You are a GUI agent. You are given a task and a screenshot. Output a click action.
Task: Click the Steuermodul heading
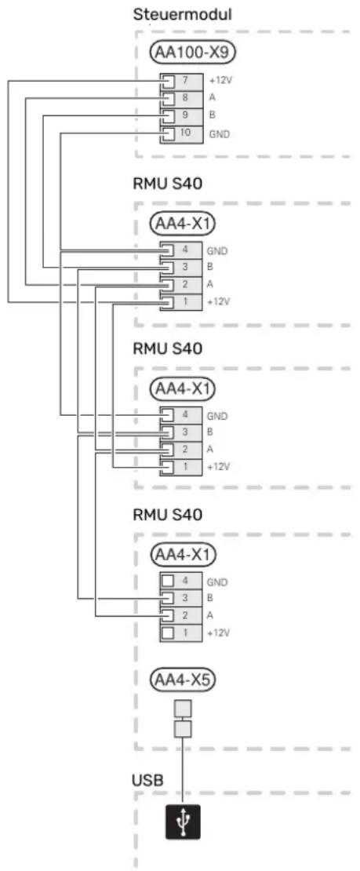pyautogui.click(x=181, y=15)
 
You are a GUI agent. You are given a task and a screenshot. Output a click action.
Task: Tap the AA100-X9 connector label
pyautogui.click(x=193, y=53)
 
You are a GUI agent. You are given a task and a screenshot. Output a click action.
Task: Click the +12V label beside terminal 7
pyautogui.click(x=220, y=81)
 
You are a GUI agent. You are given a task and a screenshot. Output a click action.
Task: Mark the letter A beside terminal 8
pyautogui.click(x=212, y=98)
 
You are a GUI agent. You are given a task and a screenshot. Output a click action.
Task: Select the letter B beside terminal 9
pyautogui.click(x=212, y=116)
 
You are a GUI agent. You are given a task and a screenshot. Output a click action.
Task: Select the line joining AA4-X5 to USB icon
pyautogui.click(x=183, y=771)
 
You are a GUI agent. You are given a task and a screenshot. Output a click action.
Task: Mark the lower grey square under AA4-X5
pyautogui.click(x=183, y=729)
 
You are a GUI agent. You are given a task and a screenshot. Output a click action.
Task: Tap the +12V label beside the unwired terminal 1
pyautogui.click(x=218, y=633)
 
